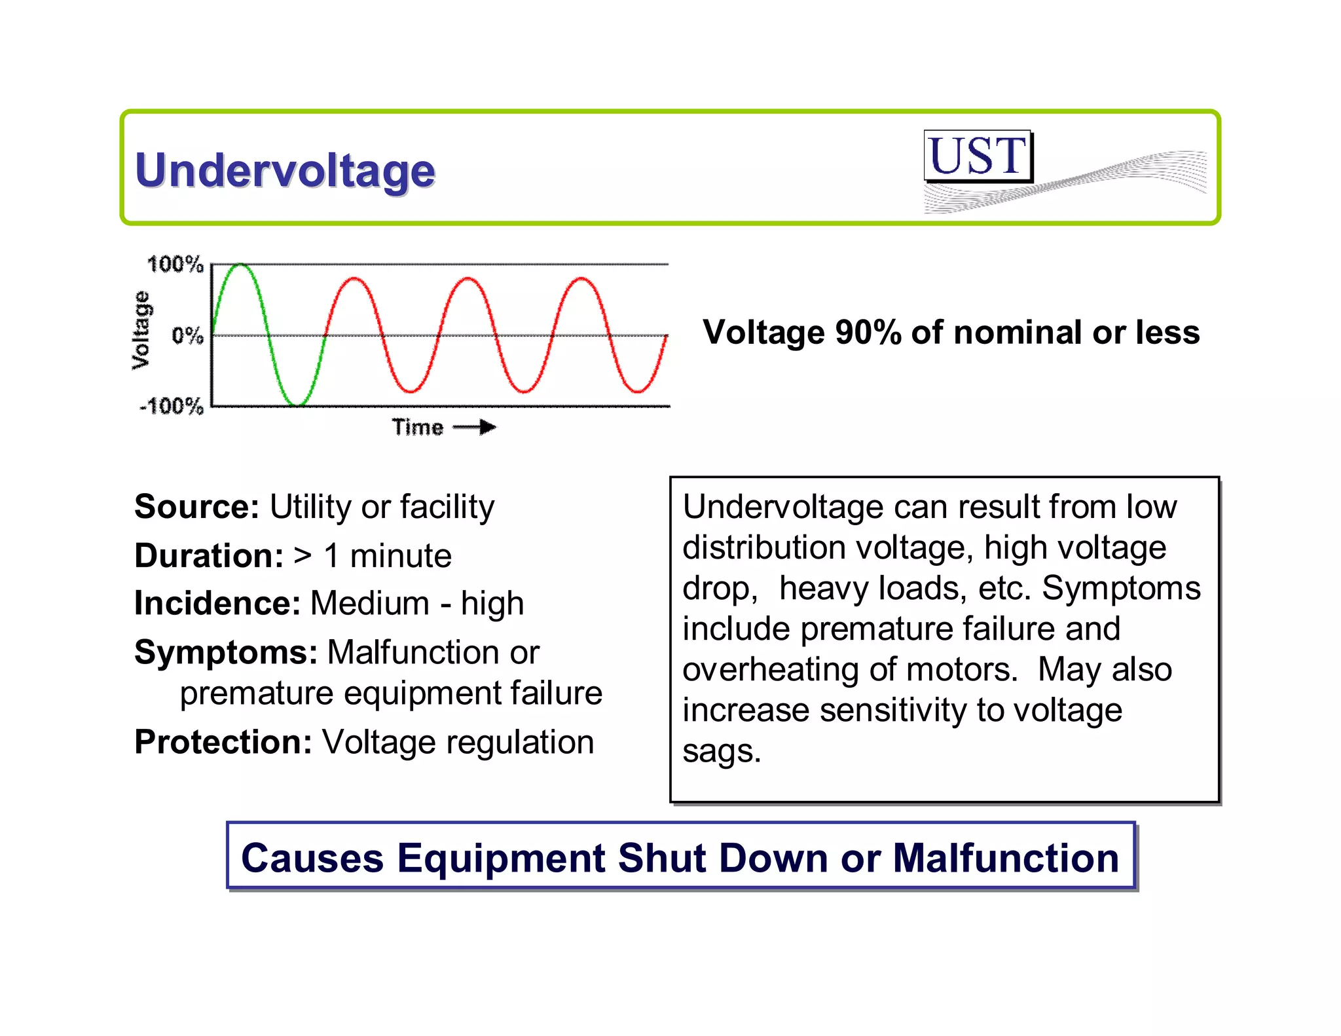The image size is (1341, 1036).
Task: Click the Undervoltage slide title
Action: click(x=285, y=171)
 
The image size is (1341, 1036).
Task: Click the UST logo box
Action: click(x=978, y=156)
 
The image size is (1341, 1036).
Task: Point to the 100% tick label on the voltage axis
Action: click(x=175, y=265)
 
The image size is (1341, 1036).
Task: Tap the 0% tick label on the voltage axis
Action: click(x=187, y=336)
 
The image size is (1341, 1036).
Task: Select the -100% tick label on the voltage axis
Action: click(x=172, y=406)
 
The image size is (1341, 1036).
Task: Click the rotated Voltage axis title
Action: click(x=141, y=330)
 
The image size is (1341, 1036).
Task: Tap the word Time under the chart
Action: click(x=418, y=428)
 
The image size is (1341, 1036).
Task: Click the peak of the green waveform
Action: click(x=240, y=265)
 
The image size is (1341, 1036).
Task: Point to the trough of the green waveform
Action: click(x=297, y=404)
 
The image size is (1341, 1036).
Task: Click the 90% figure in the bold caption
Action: click(x=868, y=333)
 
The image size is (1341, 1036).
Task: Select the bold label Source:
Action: click(x=197, y=507)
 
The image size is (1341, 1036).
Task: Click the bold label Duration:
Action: click(x=209, y=556)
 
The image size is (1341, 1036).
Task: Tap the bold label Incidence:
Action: click(x=217, y=603)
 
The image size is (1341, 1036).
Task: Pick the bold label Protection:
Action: click(x=223, y=743)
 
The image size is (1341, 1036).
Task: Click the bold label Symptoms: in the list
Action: click(x=226, y=652)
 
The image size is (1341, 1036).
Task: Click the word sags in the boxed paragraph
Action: click(x=720, y=751)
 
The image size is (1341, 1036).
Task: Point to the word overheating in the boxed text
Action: click(x=770, y=670)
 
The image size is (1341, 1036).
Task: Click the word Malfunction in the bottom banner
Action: click(x=1006, y=858)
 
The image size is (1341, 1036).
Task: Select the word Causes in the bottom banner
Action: click(x=312, y=858)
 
